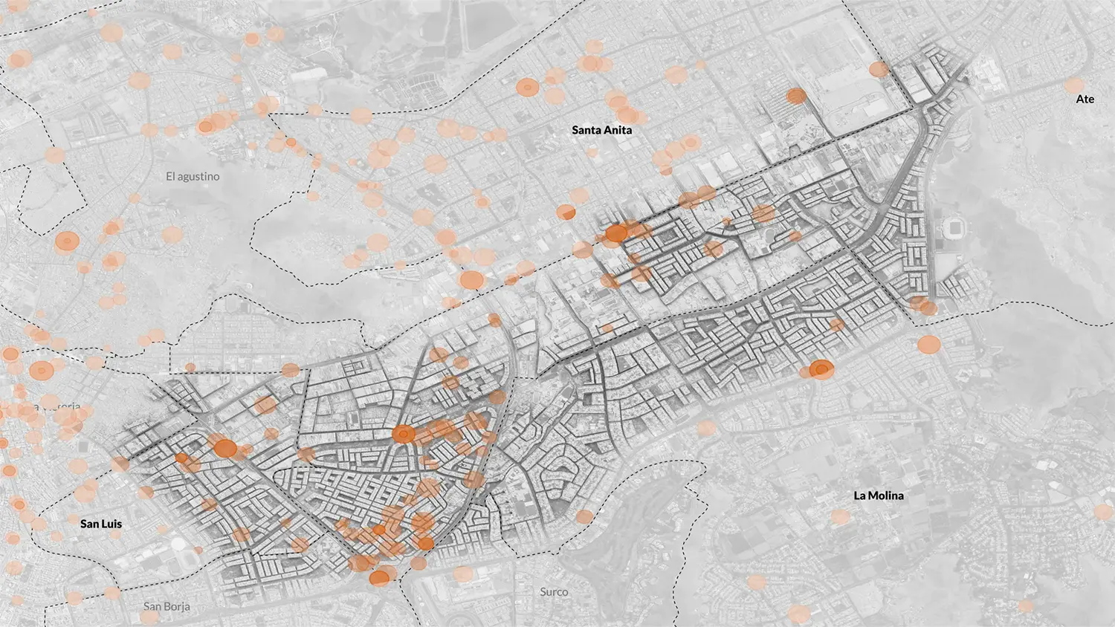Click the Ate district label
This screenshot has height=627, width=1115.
(x=1085, y=99)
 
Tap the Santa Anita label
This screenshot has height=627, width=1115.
(x=601, y=130)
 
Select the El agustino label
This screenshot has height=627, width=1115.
(x=193, y=177)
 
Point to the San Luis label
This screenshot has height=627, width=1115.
(x=101, y=524)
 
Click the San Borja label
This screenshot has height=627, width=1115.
(x=167, y=606)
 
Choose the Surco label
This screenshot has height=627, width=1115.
(x=554, y=592)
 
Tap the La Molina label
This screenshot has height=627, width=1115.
(x=878, y=496)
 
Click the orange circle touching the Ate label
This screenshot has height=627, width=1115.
(x=1075, y=85)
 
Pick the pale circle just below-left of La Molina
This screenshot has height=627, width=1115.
(x=840, y=517)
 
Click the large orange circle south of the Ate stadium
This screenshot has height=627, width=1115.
(x=928, y=345)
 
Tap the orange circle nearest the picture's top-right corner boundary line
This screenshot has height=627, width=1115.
(x=879, y=69)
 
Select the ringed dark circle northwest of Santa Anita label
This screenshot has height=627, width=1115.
(x=526, y=88)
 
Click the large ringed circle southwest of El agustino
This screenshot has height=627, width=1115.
(x=67, y=241)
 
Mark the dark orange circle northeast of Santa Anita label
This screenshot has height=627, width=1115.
(x=796, y=96)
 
